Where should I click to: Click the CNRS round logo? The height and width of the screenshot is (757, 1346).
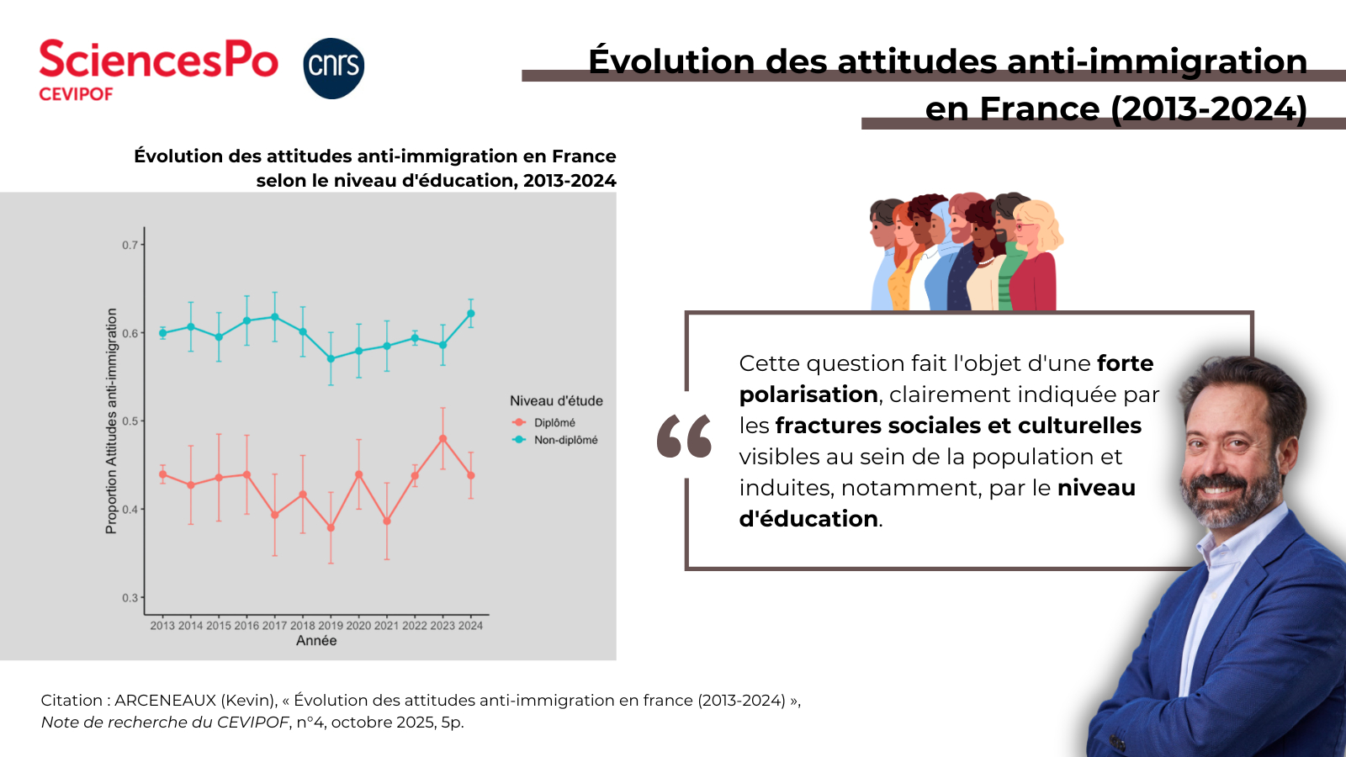click(333, 68)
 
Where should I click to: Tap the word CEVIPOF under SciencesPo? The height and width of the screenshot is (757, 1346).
click(76, 94)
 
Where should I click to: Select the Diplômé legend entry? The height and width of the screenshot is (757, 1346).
click(554, 422)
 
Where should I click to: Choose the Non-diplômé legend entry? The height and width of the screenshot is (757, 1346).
click(565, 440)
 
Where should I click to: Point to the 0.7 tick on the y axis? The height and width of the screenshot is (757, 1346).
click(130, 245)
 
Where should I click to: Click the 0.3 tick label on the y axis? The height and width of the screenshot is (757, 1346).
click(130, 598)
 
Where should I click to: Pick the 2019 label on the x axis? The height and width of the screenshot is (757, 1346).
click(331, 625)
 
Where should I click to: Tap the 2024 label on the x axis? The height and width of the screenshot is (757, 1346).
click(470, 625)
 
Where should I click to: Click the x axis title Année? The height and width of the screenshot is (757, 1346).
click(316, 641)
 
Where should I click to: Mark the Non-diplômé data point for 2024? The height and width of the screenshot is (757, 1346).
click(471, 314)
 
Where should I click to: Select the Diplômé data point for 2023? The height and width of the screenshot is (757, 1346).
click(443, 439)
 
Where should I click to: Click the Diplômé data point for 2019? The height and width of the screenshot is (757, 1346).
click(331, 528)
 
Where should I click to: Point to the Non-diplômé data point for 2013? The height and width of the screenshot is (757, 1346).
click(163, 333)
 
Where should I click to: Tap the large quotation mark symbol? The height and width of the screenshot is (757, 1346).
click(684, 436)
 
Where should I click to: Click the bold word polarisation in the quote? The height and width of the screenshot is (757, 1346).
click(808, 394)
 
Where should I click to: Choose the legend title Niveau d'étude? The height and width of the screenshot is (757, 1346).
click(556, 401)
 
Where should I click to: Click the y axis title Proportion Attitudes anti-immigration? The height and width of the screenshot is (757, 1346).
click(111, 421)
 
